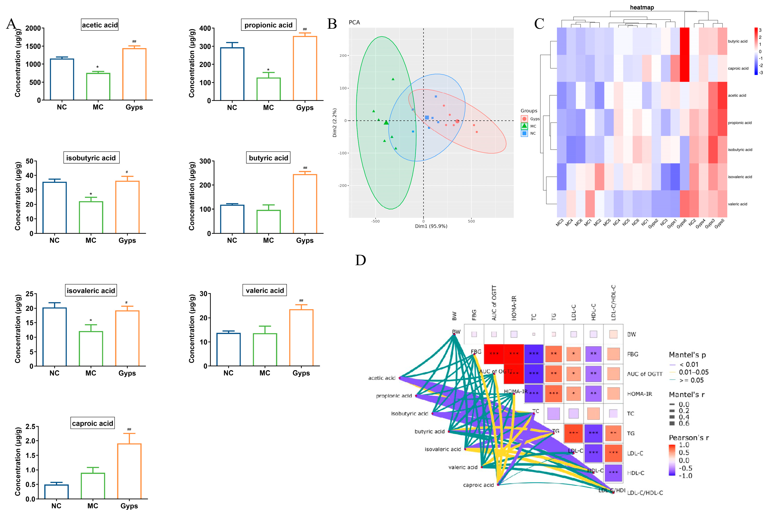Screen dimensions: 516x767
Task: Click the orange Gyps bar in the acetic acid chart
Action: click(x=134, y=74)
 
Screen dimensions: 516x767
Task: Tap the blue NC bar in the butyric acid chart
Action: click(x=232, y=219)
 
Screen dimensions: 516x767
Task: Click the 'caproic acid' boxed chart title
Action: click(x=92, y=423)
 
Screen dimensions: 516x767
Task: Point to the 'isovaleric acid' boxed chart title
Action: click(x=91, y=291)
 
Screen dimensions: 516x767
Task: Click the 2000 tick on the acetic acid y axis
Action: click(x=33, y=28)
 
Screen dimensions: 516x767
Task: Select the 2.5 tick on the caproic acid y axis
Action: click(x=30, y=427)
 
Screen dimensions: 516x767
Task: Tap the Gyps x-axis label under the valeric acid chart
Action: click(x=301, y=373)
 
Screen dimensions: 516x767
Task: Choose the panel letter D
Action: click(x=361, y=260)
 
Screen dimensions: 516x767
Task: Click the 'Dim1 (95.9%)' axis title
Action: click(x=431, y=226)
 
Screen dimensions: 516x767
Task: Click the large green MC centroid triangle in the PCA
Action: click(x=386, y=123)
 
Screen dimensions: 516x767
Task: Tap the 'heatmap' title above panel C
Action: click(x=642, y=7)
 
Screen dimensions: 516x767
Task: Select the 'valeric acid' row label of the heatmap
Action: click(x=737, y=204)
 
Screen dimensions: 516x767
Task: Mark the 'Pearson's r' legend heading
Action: click(x=688, y=438)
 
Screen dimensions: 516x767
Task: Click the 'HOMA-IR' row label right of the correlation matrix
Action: click(x=639, y=394)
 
